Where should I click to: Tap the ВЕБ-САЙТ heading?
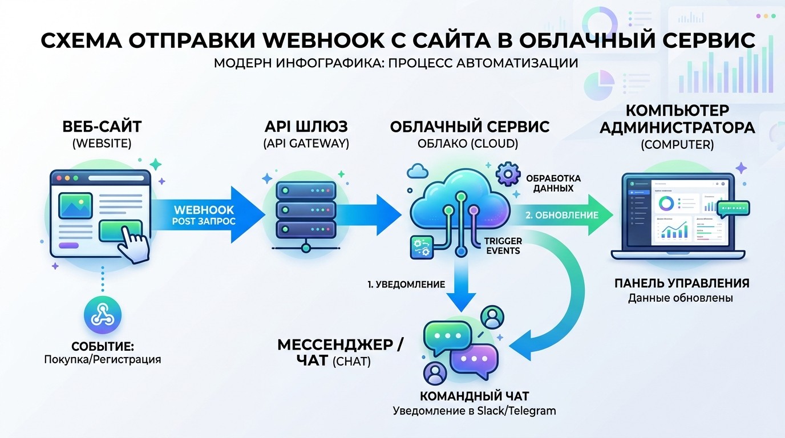click(102, 127)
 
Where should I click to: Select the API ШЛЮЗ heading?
click(306, 127)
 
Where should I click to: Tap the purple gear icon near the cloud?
click(508, 175)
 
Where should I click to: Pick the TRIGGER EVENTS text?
click(502, 245)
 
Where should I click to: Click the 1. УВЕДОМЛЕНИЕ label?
click(406, 284)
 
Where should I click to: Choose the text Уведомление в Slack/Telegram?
click(474, 411)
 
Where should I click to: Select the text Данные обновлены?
click(681, 298)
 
